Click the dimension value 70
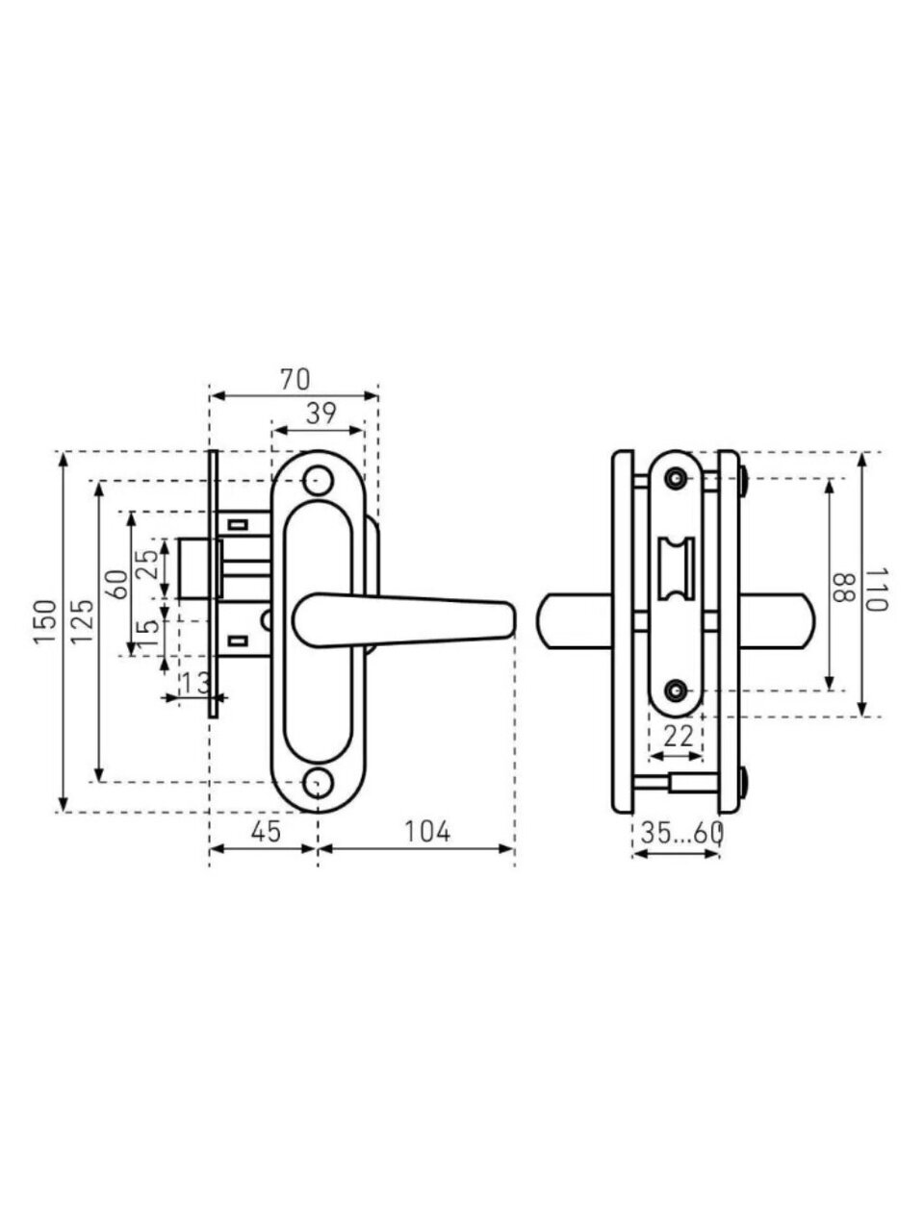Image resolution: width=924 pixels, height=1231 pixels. pyautogui.click(x=295, y=380)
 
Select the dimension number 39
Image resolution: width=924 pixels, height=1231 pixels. pyautogui.click(x=320, y=414)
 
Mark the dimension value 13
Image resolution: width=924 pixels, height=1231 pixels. pyautogui.click(x=193, y=683)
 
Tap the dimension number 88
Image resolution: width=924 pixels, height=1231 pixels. pyautogui.click(x=844, y=589)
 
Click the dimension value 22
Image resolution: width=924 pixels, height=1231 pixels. pyautogui.click(x=680, y=737)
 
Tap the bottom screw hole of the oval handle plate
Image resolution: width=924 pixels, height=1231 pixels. pyautogui.click(x=316, y=784)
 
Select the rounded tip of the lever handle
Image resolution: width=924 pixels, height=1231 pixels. pyautogui.click(x=506, y=621)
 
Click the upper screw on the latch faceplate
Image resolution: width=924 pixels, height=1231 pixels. pyautogui.click(x=677, y=478)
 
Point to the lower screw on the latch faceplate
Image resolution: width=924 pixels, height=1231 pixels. pyautogui.click(x=677, y=690)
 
